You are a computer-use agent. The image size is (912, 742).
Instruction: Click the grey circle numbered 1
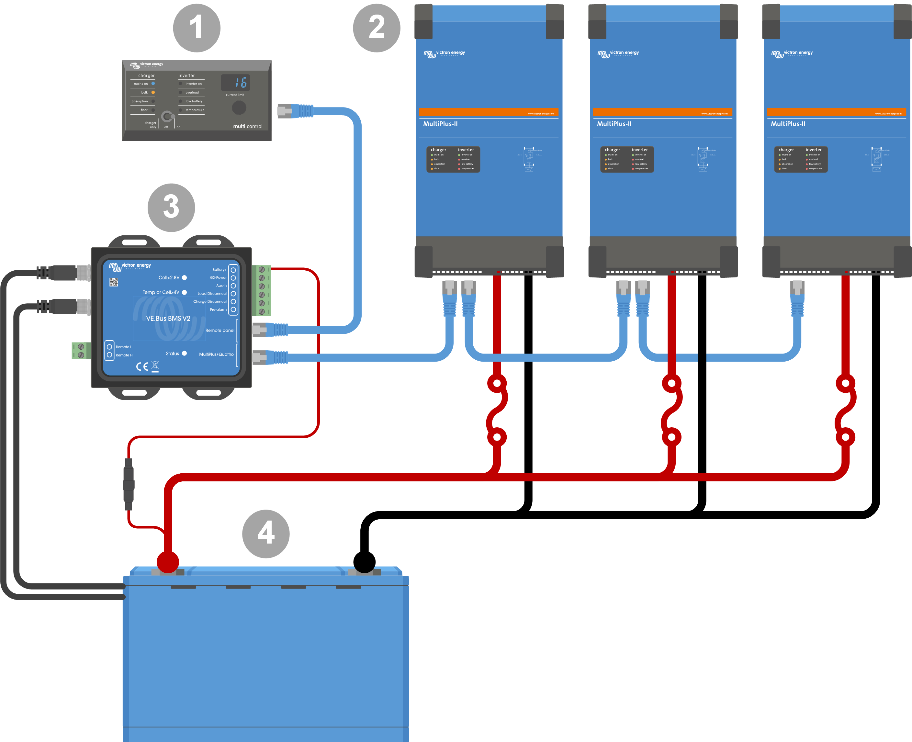pyautogui.click(x=197, y=28)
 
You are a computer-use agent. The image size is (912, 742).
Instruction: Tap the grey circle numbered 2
pyautogui.click(x=377, y=28)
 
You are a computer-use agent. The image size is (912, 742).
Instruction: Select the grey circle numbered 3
pyautogui.click(x=171, y=208)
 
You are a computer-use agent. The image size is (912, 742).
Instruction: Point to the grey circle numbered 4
pyautogui.click(x=265, y=534)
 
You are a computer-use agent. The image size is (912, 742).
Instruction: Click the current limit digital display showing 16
pyautogui.click(x=235, y=83)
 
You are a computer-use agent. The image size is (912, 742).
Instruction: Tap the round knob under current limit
pyautogui.click(x=239, y=108)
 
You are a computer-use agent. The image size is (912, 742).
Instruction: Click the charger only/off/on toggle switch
pyautogui.click(x=167, y=117)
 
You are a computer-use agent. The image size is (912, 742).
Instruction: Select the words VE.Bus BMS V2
pyautogui.click(x=168, y=319)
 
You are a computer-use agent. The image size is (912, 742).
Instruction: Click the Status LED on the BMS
pyautogui.click(x=184, y=354)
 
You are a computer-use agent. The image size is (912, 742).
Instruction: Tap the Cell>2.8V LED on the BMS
pyautogui.click(x=184, y=278)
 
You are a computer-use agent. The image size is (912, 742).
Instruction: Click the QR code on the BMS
pyautogui.click(x=113, y=282)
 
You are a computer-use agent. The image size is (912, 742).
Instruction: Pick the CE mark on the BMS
pyautogui.click(x=142, y=366)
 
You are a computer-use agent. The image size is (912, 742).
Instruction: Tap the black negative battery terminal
pyautogui.click(x=364, y=562)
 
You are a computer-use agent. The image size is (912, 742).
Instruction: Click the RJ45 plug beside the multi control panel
pyautogui.click(x=295, y=111)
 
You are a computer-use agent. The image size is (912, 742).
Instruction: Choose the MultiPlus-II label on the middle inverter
pyautogui.click(x=614, y=124)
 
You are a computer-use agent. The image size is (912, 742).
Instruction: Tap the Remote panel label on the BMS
pyautogui.click(x=220, y=331)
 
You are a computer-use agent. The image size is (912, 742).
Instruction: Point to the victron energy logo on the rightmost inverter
pyautogui.click(x=792, y=54)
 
